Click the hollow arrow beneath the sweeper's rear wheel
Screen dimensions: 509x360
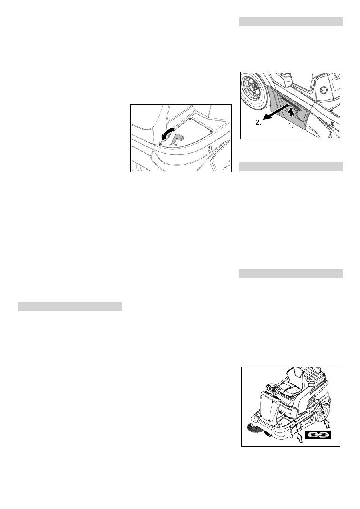[327, 422]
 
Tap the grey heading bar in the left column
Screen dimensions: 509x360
[70, 307]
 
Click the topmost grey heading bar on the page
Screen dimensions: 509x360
[291, 22]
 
